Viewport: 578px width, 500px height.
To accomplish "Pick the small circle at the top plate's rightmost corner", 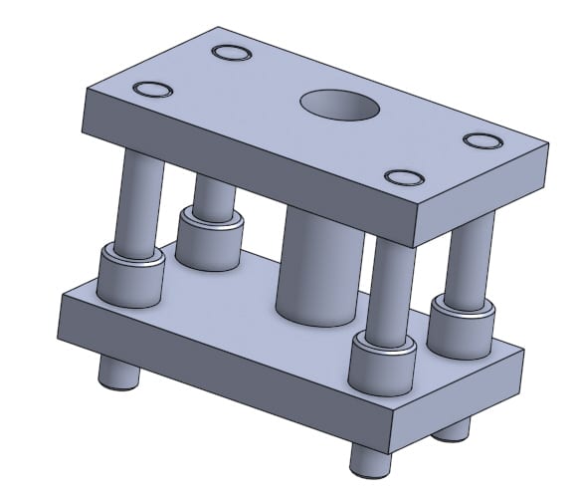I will (x=484, y=140).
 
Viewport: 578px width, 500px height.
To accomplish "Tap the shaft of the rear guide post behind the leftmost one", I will (x=212, y=194).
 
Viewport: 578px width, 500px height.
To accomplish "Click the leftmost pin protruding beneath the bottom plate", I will (x=116, y=375).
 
